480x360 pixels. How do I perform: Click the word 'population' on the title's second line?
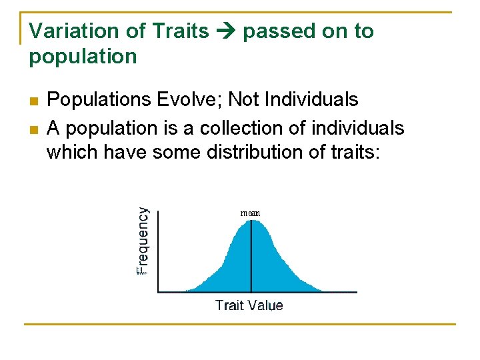(82, 57)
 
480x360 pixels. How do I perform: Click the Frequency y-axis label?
(143, 241)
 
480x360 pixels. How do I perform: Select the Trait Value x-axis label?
(249, 305)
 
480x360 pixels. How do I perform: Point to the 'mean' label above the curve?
(250, 213)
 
